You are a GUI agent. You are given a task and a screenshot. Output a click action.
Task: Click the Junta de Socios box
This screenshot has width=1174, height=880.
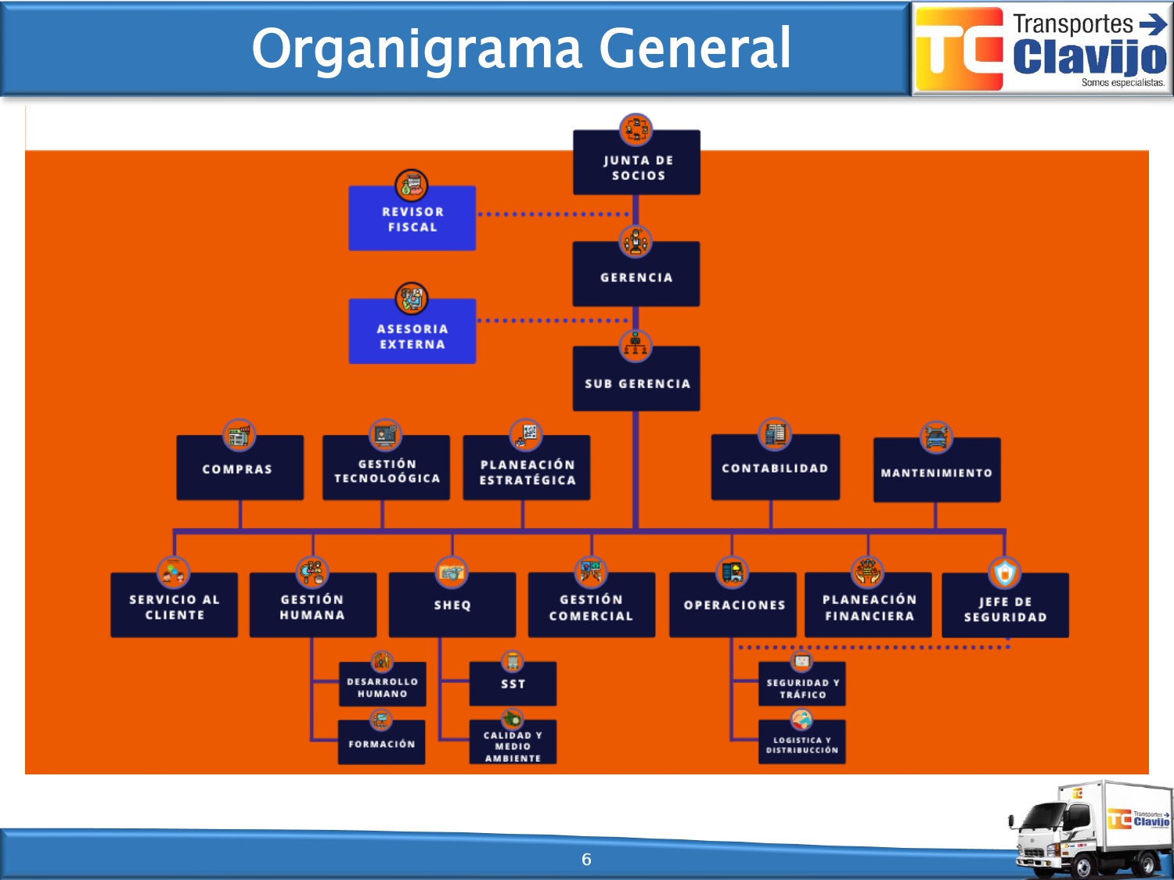pyautogui.click(x=636, y=167)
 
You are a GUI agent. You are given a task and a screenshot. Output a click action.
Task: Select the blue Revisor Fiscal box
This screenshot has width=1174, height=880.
pyautogui.click(x=412, y=219)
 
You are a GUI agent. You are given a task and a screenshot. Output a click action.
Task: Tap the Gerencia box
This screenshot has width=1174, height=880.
pyautogui.click(x=636, y=276)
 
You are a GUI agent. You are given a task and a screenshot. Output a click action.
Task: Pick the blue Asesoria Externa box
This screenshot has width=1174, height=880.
pyautogui.click(x=412, y=335)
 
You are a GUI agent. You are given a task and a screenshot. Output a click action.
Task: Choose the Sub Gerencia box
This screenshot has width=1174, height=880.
pyautogui.click(x=636, y=382)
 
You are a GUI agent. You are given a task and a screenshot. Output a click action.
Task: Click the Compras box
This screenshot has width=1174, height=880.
pyautogui.click(x=239, y=469)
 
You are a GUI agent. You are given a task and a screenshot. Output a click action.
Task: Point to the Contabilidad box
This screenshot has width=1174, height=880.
pyautogui.click(x=775, y=468)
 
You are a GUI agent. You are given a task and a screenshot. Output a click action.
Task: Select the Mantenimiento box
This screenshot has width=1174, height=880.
pyautogui.click(x=936, y=472)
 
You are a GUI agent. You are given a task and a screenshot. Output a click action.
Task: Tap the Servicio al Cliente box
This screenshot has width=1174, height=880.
pyautogui.click(x=174, y=606)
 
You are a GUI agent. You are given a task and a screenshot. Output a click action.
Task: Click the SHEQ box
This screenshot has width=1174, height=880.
pyautogui.click(x=452, y=605)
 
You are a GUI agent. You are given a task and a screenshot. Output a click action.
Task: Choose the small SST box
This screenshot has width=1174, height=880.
pyautogui.click(x=513, y=684)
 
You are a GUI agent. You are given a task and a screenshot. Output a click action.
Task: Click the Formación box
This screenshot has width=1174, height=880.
pyautogui.click(x=381, y=743)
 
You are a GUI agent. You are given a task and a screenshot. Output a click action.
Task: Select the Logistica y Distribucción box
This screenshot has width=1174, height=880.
pyautogui.click(x=801, y=745)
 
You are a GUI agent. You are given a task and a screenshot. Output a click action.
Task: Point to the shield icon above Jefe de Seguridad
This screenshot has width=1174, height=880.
pyautogui.click(x=1005, y=573)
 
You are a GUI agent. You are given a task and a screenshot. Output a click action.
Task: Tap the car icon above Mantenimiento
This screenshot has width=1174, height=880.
pyautogui.click(x=936, y=437)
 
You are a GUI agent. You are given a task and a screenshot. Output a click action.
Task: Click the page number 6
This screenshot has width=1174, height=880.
pyautogui.click(x=586, y=860)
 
